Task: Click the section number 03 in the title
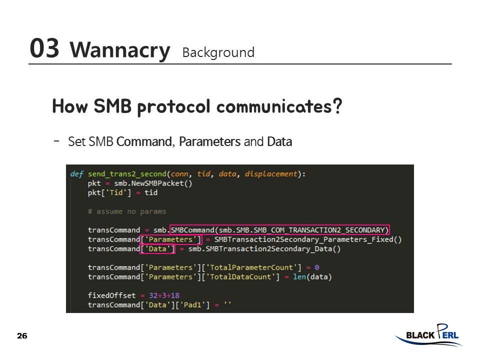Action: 44,48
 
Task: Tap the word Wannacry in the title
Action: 119,50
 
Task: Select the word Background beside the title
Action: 218,52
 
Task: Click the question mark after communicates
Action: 337,106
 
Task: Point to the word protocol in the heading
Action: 174,107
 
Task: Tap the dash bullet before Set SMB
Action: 56,141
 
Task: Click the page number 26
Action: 22,336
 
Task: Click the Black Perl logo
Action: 428,335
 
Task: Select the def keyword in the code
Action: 76,174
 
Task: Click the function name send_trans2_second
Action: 127,174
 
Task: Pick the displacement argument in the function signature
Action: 271,174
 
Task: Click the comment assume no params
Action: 127,211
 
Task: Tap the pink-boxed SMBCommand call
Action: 279,230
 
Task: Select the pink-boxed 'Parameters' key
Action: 171,239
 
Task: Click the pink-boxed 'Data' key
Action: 157,248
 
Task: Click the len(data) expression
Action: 312,276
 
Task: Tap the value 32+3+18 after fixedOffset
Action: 164,295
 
